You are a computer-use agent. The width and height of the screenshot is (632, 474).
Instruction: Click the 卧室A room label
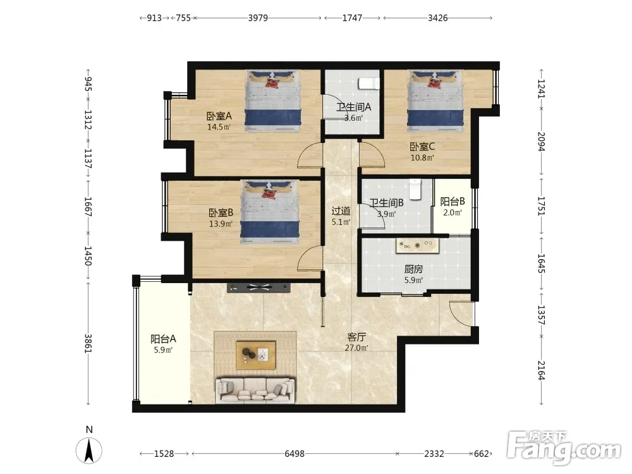click(219, 116)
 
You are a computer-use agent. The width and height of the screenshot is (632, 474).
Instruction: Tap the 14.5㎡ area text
click(219, 127)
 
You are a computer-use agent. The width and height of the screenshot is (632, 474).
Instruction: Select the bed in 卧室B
click(270, 212)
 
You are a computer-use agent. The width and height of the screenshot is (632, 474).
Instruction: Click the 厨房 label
click(413, 269)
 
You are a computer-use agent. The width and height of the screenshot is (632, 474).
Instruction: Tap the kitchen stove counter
click(416, 246)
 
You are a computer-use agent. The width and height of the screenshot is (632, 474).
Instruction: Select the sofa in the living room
click(255, 390)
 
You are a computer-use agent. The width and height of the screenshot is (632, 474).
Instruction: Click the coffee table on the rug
click(256, 355)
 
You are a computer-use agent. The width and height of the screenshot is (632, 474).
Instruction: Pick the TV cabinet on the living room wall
click(258, 288)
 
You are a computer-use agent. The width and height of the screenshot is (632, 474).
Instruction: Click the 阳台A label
click(163, 339)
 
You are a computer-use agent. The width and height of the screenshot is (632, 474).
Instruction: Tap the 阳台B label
click(453, 202)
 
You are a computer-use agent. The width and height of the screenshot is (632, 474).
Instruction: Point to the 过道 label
click(341, 211)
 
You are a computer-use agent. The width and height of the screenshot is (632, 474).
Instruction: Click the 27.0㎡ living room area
click(356, 348)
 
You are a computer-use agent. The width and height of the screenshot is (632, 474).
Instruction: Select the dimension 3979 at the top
click(258, 18)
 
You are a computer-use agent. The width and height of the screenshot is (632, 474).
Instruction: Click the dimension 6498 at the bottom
click(295, 453)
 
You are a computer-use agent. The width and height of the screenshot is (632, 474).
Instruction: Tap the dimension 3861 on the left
click(88, 343)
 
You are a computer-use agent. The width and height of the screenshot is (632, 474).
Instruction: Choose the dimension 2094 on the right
click(541, 142)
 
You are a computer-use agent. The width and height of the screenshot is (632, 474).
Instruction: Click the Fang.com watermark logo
click(564, 447)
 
